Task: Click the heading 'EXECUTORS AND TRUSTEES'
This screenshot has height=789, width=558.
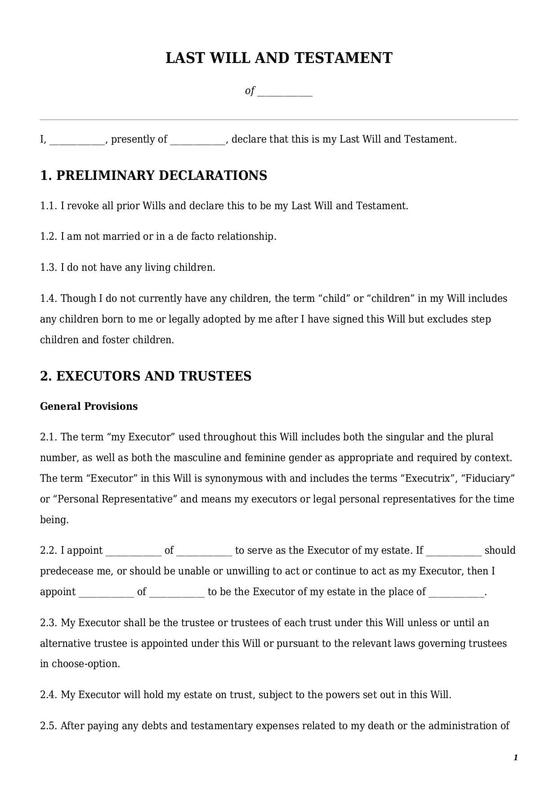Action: [153, 376]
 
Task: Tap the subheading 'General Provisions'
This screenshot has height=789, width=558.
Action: [89, 407]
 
